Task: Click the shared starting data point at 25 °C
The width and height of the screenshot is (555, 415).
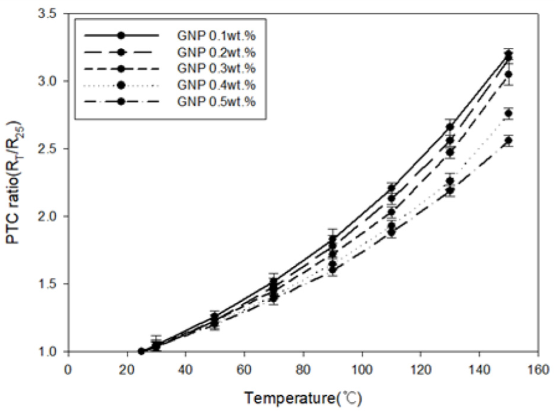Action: [x=141, y=352]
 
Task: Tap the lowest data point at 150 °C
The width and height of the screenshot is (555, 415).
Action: [x=508, y=141]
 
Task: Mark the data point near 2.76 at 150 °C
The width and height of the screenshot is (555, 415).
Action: [x=508, y=113]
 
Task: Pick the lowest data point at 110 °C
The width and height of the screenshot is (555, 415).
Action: [x=391, y=232]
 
